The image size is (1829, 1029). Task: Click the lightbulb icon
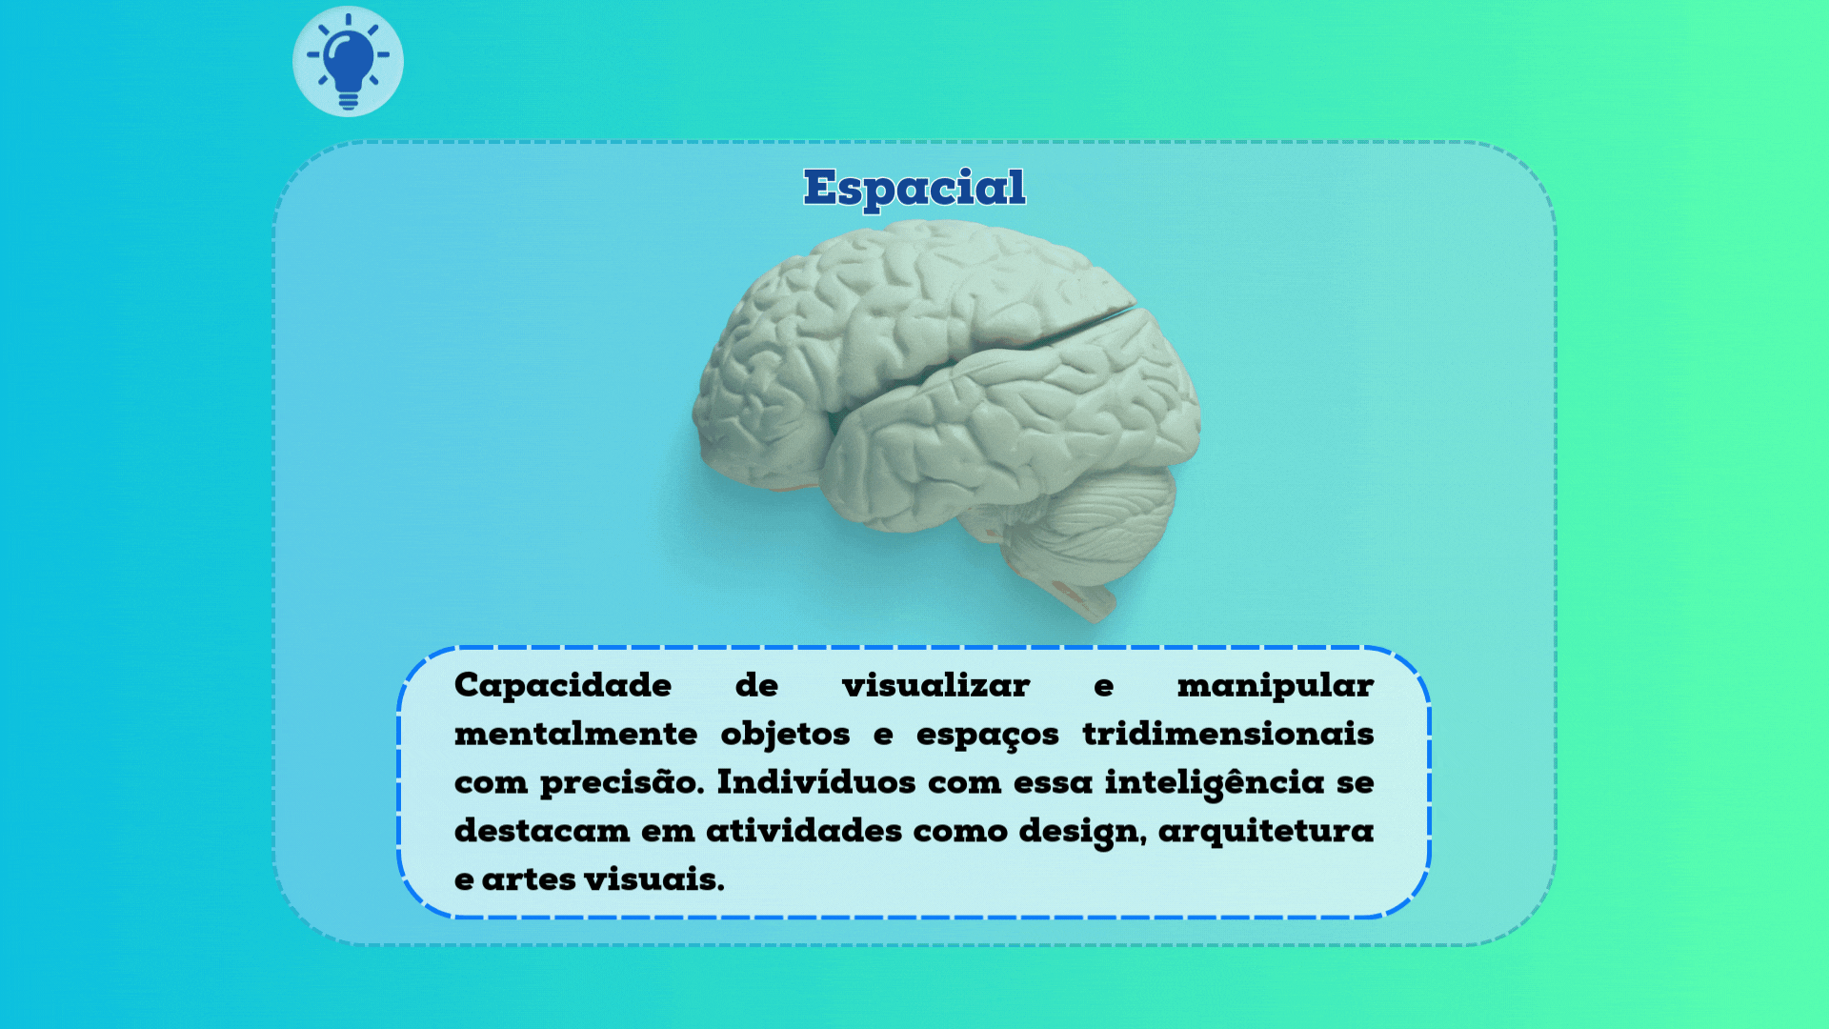pyautogui.click(x=348, y=62)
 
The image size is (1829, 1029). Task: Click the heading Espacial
pyautogui.click(x=914, y=188)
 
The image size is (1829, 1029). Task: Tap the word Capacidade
pyautogui.click(x=563, y=685)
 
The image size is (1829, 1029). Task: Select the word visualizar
pyautogui.click(x=935, y=685)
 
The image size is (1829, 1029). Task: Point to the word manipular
pyautogui.click(x=1275, y=685)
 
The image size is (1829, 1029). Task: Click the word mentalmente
pyautogui.click(x=575, y=734)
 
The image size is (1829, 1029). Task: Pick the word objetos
pyautogui.click(x=785, y=734)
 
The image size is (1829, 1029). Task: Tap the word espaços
pyautogui.click(x=987, y=734)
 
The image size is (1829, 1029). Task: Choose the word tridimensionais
pyautogui.click(x=1228, y=734)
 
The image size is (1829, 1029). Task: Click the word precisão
pyautogui.click(x=621, y=782)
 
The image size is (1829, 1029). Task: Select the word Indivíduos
pyautogui.click(x=816, y=782)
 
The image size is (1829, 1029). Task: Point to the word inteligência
pyautogui.click(x=1215, y=782)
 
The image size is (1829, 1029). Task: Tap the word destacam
pyautogui.click(x=542, y=831)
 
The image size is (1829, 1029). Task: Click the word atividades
pyautogui.click(x=804, y=831)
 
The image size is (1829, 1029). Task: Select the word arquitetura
pyautogui.click(x=1266, y=831)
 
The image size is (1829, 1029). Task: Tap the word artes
pyautogui.click(x=529, y=879)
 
